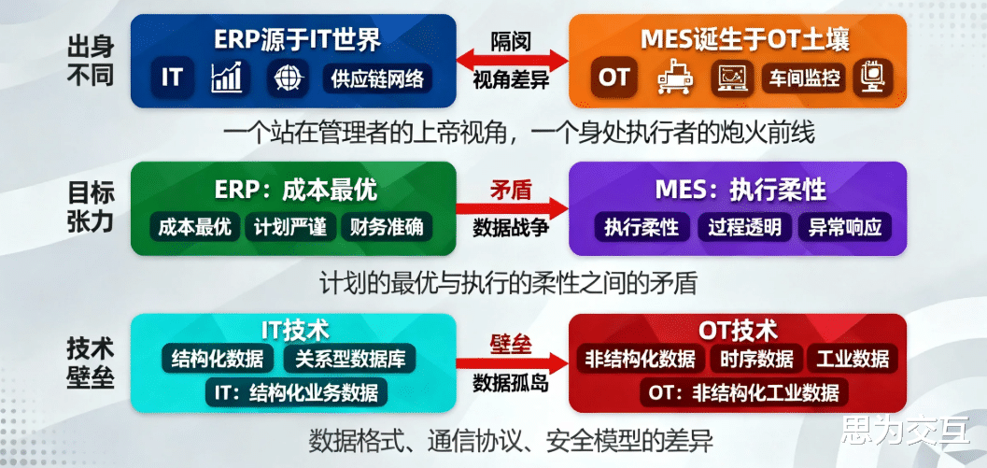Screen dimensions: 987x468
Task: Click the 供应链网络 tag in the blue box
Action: pos(377,79)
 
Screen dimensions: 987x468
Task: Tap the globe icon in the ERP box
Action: pos(289,79)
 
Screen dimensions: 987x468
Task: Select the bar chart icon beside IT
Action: pos(227,79)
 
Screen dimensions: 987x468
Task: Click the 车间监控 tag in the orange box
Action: pos(804,79)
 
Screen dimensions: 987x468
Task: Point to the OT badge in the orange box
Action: pos(613,78)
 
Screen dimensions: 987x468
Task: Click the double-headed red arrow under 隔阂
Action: pos(512,61)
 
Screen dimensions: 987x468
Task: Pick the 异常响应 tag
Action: pos(845,227)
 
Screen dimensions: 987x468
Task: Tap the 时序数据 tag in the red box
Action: pos(756,359)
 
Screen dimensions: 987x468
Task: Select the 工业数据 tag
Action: pos(853,359)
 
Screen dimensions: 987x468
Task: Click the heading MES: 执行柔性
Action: pos(740,191)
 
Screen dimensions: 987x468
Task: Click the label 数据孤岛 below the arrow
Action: pos(511,383)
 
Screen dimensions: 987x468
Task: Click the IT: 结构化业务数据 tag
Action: pos(296,393)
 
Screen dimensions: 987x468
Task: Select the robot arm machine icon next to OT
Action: pos(675,79)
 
